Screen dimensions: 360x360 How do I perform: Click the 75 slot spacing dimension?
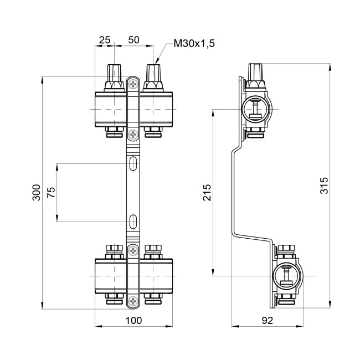coord(52,193)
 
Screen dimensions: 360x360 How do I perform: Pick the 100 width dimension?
coord(133,320)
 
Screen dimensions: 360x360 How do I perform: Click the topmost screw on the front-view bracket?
coord(133,84)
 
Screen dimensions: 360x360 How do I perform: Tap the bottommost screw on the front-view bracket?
coord(133,301)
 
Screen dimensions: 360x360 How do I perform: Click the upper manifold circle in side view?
coord(255,109)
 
